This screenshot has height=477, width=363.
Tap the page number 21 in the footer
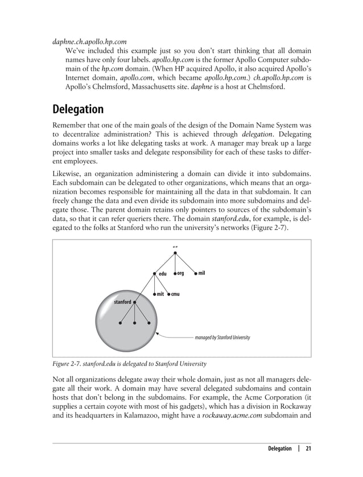[x=308, y=449]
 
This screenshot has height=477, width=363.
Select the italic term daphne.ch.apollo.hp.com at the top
[x=89, y=42]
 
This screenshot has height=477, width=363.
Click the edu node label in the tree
[x=162, y=274]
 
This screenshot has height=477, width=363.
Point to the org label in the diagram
[x=180, y=273]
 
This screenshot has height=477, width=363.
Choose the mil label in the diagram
[x=201, y=273]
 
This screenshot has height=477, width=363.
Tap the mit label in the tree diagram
[x=160, y=294]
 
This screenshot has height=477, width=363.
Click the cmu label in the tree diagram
[x=176, y=294]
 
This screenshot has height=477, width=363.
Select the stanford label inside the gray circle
[x=122, y=301]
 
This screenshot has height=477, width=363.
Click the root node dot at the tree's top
[x=175, y=253]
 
